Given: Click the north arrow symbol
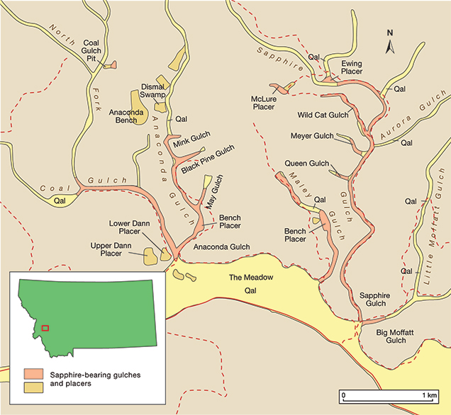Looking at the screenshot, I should click(389, 44).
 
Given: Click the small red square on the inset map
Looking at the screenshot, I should click(45, 327).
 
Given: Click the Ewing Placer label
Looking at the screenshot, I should click(347, 67).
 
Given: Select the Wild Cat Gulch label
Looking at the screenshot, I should click(323, 115).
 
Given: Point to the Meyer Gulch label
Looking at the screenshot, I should click(312, 136).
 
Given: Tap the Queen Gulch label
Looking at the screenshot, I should click(307, 164).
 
